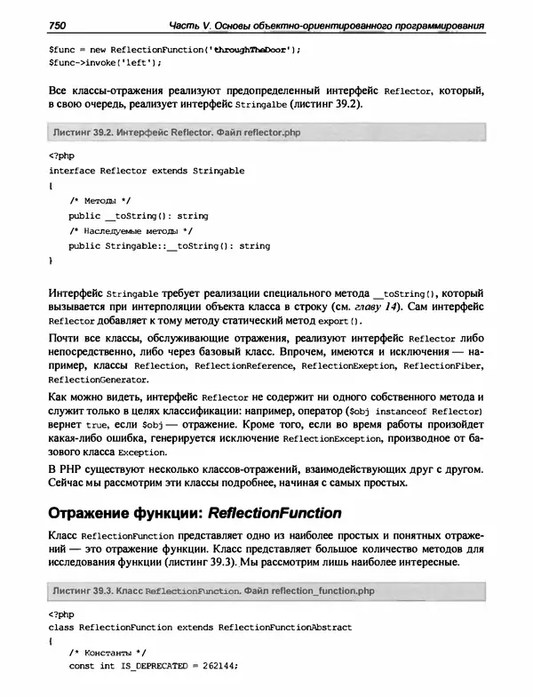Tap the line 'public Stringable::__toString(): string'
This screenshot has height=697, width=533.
tap(169, 245)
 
